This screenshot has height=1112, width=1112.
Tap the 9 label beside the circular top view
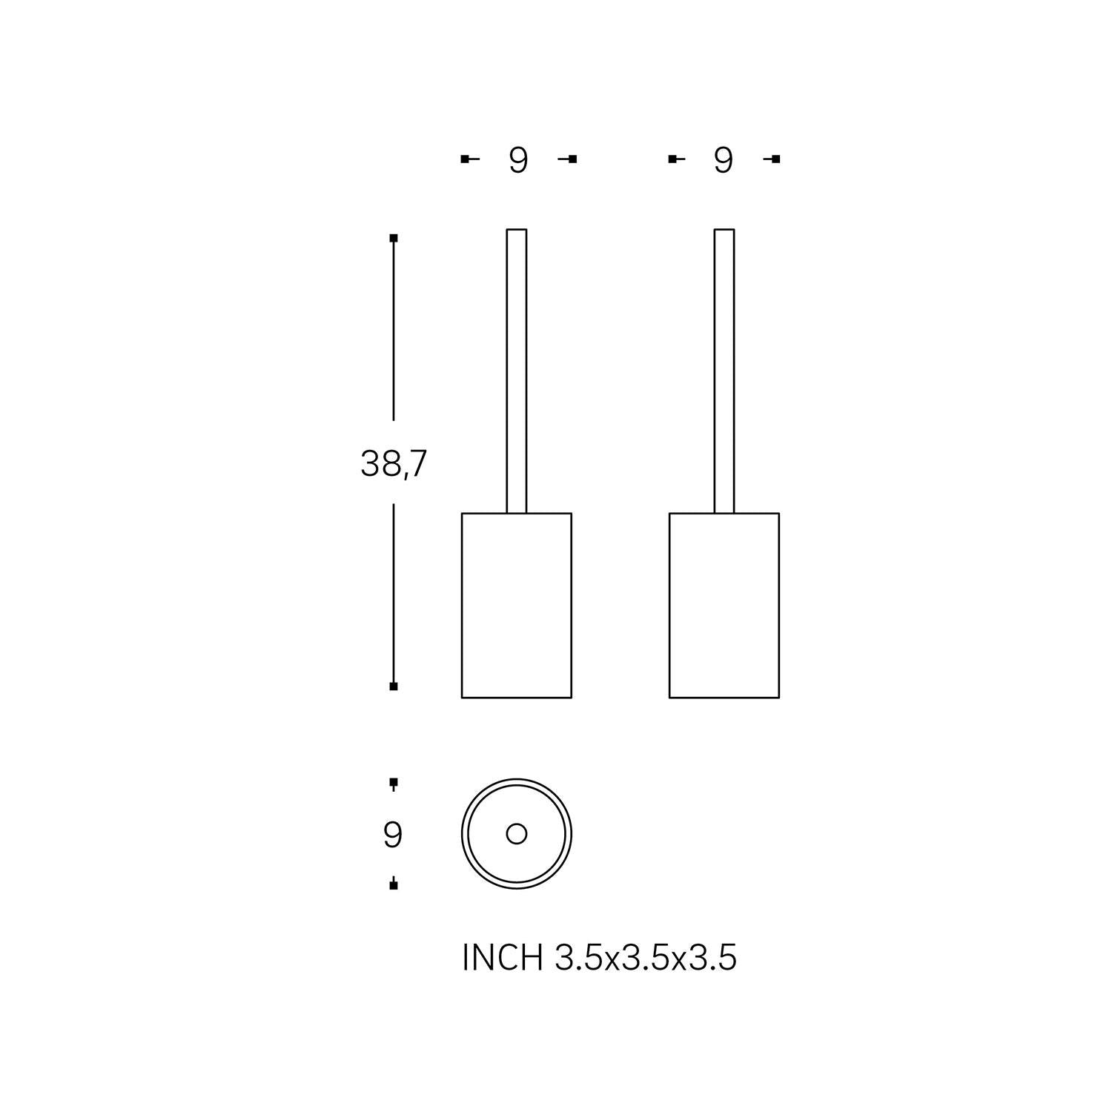coord(393,835)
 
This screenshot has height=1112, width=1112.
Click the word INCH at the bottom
coord(503,957)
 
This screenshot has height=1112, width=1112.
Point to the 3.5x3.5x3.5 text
coord(646,957)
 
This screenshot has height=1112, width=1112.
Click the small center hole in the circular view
coord(517,834)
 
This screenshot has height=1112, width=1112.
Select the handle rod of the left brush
coord(517,371)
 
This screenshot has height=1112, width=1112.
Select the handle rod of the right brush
coord(724,371)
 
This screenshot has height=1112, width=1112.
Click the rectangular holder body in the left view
coord(517,605)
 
